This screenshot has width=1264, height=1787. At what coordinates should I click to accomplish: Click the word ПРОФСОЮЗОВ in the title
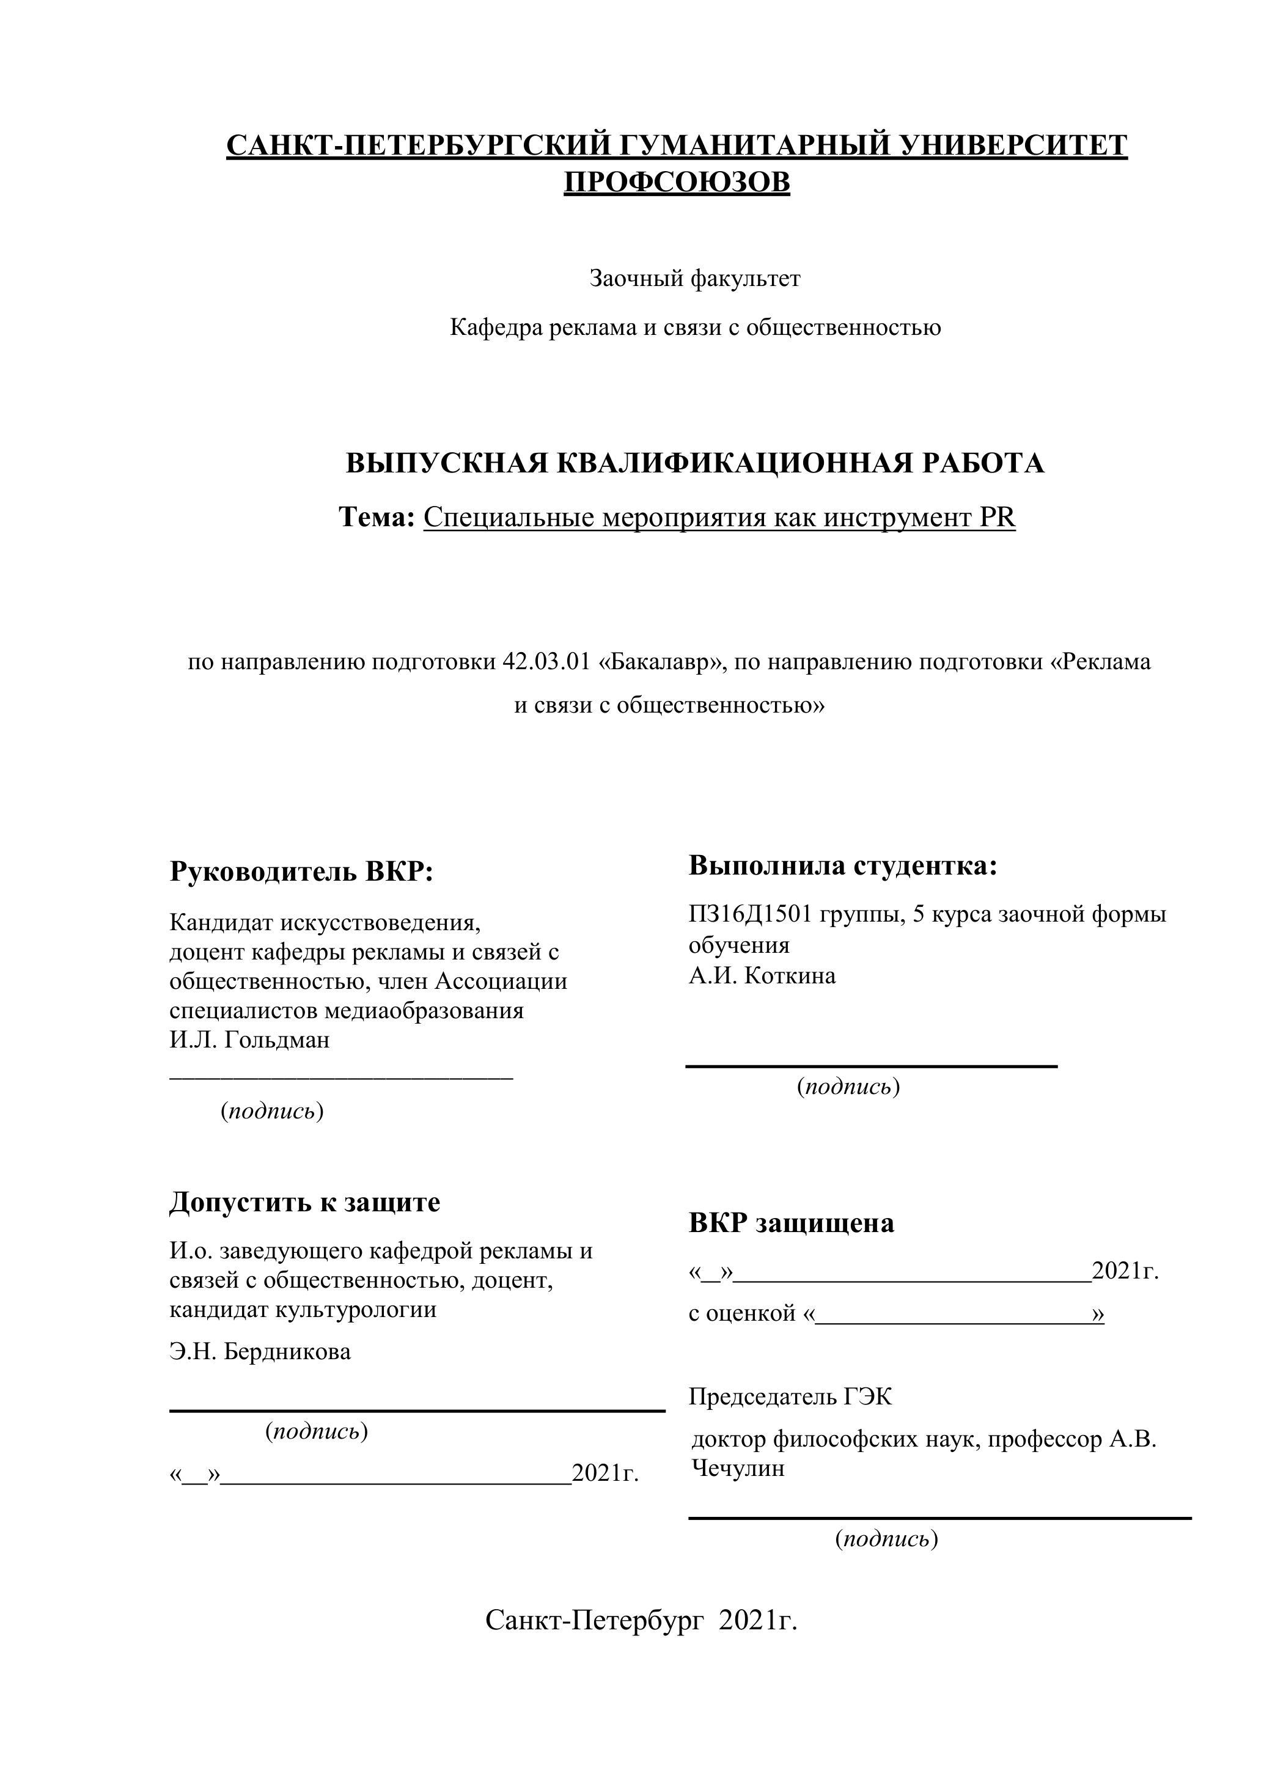(677, 183)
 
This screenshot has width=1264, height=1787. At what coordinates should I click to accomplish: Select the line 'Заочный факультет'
(694, 279)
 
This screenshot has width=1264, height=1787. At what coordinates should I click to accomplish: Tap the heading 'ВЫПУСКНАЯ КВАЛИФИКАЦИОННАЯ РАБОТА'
(694, 463)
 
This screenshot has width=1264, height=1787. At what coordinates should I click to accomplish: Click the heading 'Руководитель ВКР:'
(301, 871)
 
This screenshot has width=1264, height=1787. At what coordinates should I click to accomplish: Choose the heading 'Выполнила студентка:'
(843, 865)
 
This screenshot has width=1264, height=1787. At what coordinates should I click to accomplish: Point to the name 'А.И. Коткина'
(762, 976)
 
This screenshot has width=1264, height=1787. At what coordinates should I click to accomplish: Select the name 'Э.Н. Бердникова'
(260, 1351)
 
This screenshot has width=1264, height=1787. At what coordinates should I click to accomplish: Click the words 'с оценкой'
(743, 1314)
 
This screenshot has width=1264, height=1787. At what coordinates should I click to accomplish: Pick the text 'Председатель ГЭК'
(790, 1397)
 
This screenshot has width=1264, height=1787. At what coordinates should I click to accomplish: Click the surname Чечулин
(738, 1469)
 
